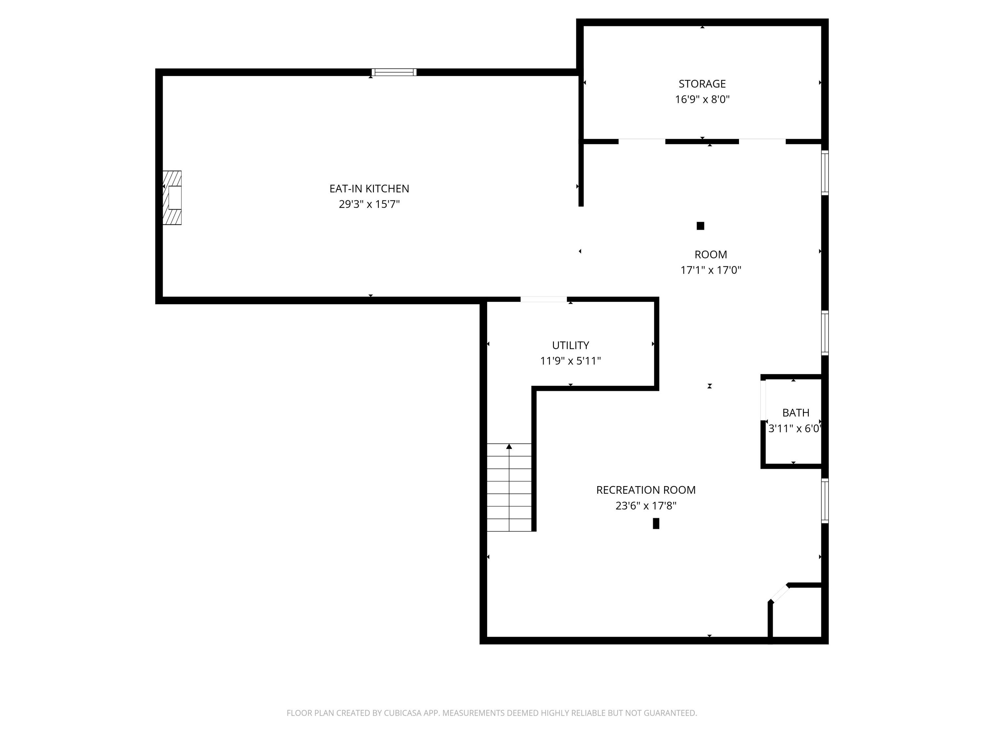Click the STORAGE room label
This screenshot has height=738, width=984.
click(x=702, y=84)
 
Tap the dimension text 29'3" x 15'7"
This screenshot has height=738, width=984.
click(x=369, y=204)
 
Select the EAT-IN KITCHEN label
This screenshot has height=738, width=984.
click(x=369, y=189)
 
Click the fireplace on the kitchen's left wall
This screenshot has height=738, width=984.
click(x=173, y=197)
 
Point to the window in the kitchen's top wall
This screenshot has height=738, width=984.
click(x=394, y=72)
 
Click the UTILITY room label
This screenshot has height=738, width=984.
click(x=570, y=345)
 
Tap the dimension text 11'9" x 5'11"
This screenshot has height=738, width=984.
click(x=570, y=361)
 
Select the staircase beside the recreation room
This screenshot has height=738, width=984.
click(x=509, y=487)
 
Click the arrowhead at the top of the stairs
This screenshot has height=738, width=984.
click(x=509, y=446)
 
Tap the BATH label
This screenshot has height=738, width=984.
click(x=795, y=413)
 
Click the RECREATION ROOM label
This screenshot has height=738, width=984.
click(x=646, y=490)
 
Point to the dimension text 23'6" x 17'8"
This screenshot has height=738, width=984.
click(x=646, y=506)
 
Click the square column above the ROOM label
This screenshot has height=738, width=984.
click(x=700, y=226)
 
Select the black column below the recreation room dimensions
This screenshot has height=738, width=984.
click(x=656, y=523)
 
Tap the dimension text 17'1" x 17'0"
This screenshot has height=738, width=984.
click(x=710, y=270)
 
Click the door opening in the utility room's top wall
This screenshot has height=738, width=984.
click(x=543, y=299)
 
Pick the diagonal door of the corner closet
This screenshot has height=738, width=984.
click(x=779, y=593)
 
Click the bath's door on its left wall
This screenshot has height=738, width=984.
click(x=763, y=400)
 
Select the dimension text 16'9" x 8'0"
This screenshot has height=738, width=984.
click(x=702, y=99)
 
